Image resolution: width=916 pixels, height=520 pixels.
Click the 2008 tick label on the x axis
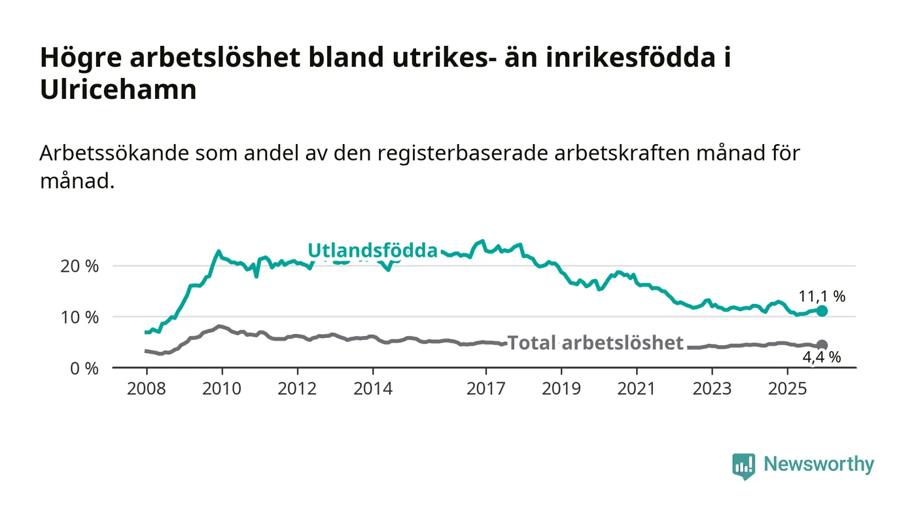pyautogui.click(x=147, y=388)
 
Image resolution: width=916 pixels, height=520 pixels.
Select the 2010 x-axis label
pyautogui.click(x=222, y=388)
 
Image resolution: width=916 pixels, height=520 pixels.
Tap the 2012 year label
pyautogui.click(x=297, y=388)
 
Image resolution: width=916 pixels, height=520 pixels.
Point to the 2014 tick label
pyautogui.click(x=373, y=388)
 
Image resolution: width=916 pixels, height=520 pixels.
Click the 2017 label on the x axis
pyautogui.click(x=485, y=388)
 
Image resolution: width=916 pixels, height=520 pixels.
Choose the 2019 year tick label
pyautogui.click(x=561, y=388)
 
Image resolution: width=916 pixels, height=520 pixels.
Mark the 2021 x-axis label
pyautogui.click(x=637, y=388)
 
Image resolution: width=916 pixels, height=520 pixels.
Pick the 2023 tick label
pyautogui.click(x=713, y=388)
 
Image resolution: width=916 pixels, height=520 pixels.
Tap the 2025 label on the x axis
pyautogui.click(x=788, y=388)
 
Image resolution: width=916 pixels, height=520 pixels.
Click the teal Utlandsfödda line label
pyautogui.click(x=372, y=250)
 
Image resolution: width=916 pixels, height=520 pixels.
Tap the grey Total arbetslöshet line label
pyautogui.click(x=595, y=343)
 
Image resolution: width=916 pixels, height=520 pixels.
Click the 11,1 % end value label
pyautogui.click(x=822, y=296)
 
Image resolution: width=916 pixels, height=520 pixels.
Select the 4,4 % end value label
pyautogui.click(x=821, y=358)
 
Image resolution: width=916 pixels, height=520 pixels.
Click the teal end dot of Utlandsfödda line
pyautogui.click(x=822, y=311)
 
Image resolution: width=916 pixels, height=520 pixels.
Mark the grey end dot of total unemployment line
pyautogui.click(x=822, y=345)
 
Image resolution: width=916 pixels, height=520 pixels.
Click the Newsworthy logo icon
pyautogui.click(x=743, y=466)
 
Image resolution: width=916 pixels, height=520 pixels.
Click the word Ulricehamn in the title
pyautogui.click(x=118, y=90)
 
